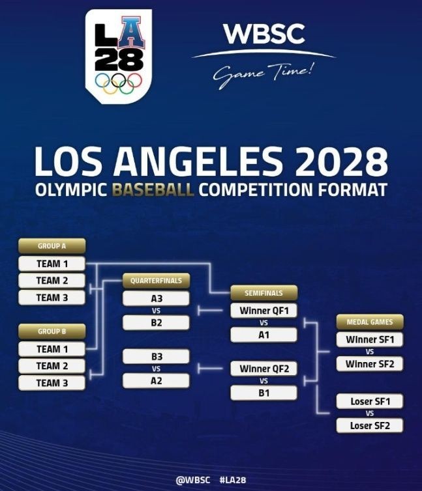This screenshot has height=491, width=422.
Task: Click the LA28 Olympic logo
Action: (118, 55)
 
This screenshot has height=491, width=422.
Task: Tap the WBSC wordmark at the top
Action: (264, 35)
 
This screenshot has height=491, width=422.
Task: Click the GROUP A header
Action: (52, 246)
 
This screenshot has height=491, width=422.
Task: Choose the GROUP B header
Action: (52, 331)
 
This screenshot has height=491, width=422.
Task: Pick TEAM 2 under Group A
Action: (52, 281)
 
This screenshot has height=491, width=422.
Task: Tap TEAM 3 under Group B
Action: (52, 383)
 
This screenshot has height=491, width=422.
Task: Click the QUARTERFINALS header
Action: (156, 281)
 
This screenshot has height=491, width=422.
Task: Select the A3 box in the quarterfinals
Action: (156, 298)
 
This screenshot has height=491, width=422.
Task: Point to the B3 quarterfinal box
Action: (156, 356)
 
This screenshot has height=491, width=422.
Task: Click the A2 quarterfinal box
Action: (156, 380)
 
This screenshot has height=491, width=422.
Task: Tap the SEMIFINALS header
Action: (264, 293)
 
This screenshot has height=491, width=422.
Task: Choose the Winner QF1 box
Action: (264, 311)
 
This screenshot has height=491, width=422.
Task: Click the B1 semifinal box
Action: (264, 393)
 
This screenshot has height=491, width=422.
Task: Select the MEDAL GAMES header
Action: (369, 322)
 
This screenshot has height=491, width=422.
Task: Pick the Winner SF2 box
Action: (369, 363)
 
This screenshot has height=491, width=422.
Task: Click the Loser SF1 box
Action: (369, 401)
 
